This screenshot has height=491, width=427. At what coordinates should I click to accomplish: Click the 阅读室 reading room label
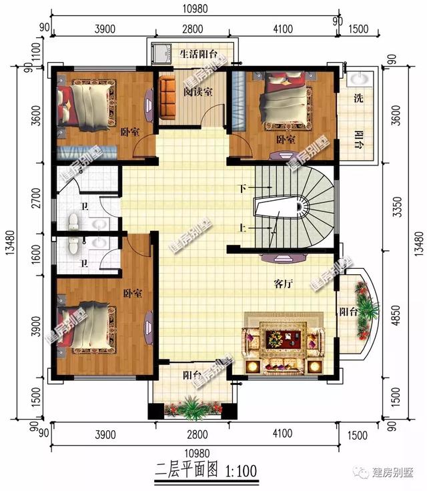pyautogui.click(x=198, y=92)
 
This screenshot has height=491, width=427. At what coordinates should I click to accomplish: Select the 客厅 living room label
pyautogui.click(x=284, y=284)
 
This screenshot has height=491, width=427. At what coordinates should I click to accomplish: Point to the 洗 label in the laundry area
pyautogui.click(x=358, y=99)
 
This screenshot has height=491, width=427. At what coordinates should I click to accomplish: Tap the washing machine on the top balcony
pyautogui.click(x=162, y=52)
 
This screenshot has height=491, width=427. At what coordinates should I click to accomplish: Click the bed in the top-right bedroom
pyautogui.click(x=283, y=101)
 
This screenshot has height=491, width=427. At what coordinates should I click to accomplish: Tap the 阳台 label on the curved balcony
pyautogui.click(x=346, y=312)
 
